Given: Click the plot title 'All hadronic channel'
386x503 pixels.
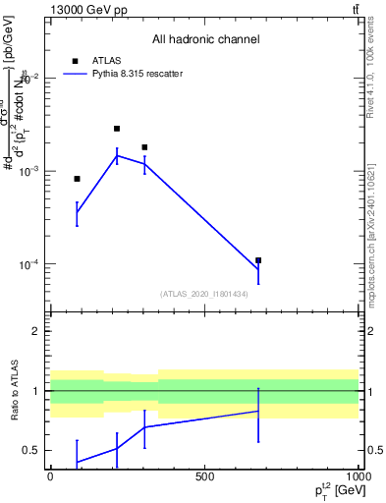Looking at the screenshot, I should tap(205, 39).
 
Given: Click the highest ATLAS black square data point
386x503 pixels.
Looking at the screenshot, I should tap(117, 129).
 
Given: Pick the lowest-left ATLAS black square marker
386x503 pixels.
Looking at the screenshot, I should tap(77, 179).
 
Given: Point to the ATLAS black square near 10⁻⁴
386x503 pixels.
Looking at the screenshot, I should tap(258, 260).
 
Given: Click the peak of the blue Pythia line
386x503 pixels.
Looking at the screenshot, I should tap(117, 155).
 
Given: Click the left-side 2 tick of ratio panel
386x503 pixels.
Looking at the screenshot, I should tap(34, 331).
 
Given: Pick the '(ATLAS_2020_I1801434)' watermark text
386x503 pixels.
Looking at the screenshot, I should tap(203, 294).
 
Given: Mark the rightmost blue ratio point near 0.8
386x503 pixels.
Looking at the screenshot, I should tap(258, 411).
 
